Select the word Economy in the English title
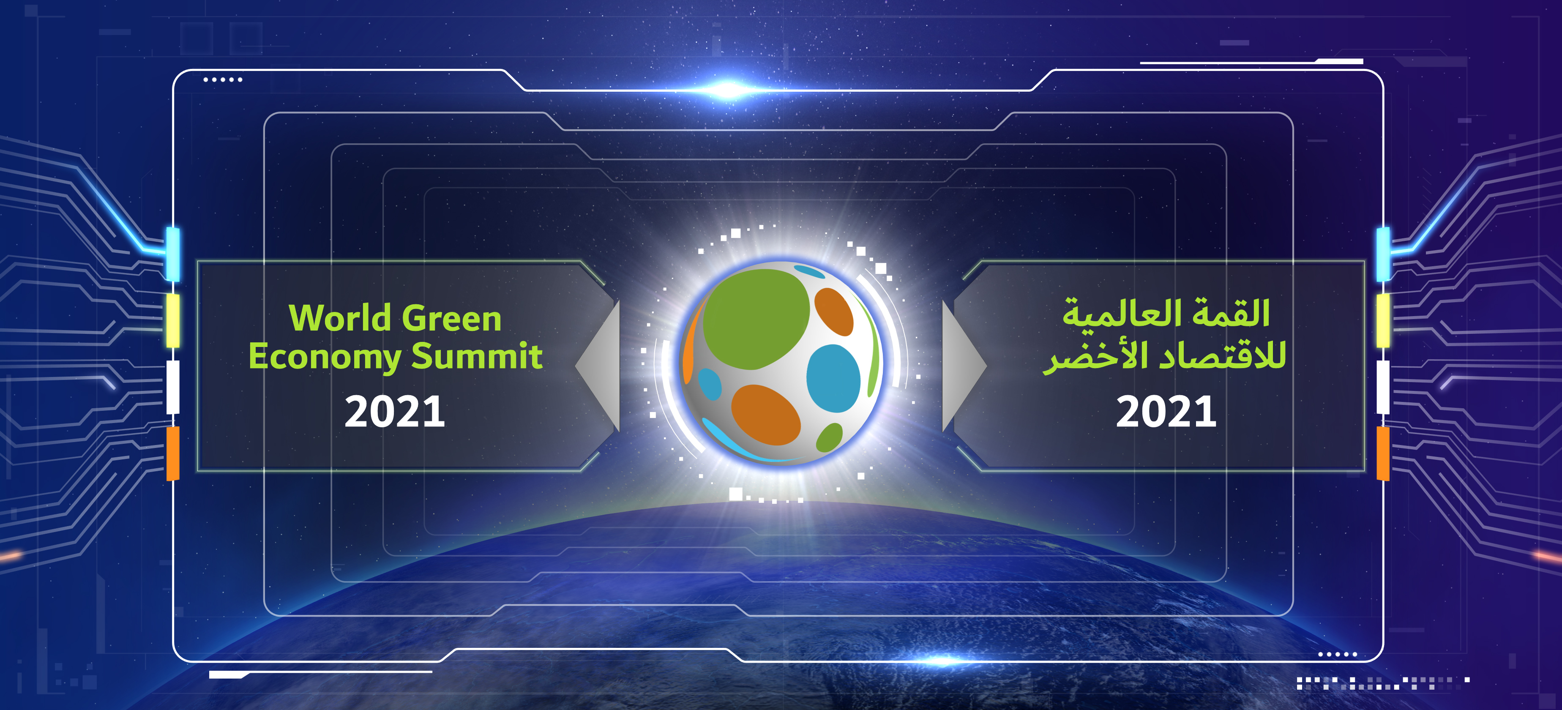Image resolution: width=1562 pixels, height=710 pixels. pyautogui.click(x=325, y=357)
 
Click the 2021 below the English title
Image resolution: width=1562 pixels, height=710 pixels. pyautogui.click(x=395, y=412)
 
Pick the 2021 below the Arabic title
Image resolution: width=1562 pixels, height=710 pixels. pyautogui.click(x=1166, y=412)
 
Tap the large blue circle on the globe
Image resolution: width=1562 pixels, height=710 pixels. pyautogui.click(x=833, y=378)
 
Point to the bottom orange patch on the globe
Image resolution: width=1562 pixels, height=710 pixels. pyautogui.click(x=766, y=415)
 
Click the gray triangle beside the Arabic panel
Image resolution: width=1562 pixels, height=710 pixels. pyautogui.click(x=964, y=366)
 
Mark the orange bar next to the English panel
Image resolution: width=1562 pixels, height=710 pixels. pyautogui.click(x=173, y=453)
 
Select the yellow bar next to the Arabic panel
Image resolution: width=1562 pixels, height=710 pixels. pyautogui.click(x=1383, y=321)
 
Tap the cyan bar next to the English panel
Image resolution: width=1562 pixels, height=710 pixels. pyautogui.click(x=173, y=254)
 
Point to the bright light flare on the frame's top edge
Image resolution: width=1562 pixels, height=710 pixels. pyautogui.click(x=728, y=90)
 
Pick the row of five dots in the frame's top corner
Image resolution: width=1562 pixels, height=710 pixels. pyautogui.click(x=223, y=79)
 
